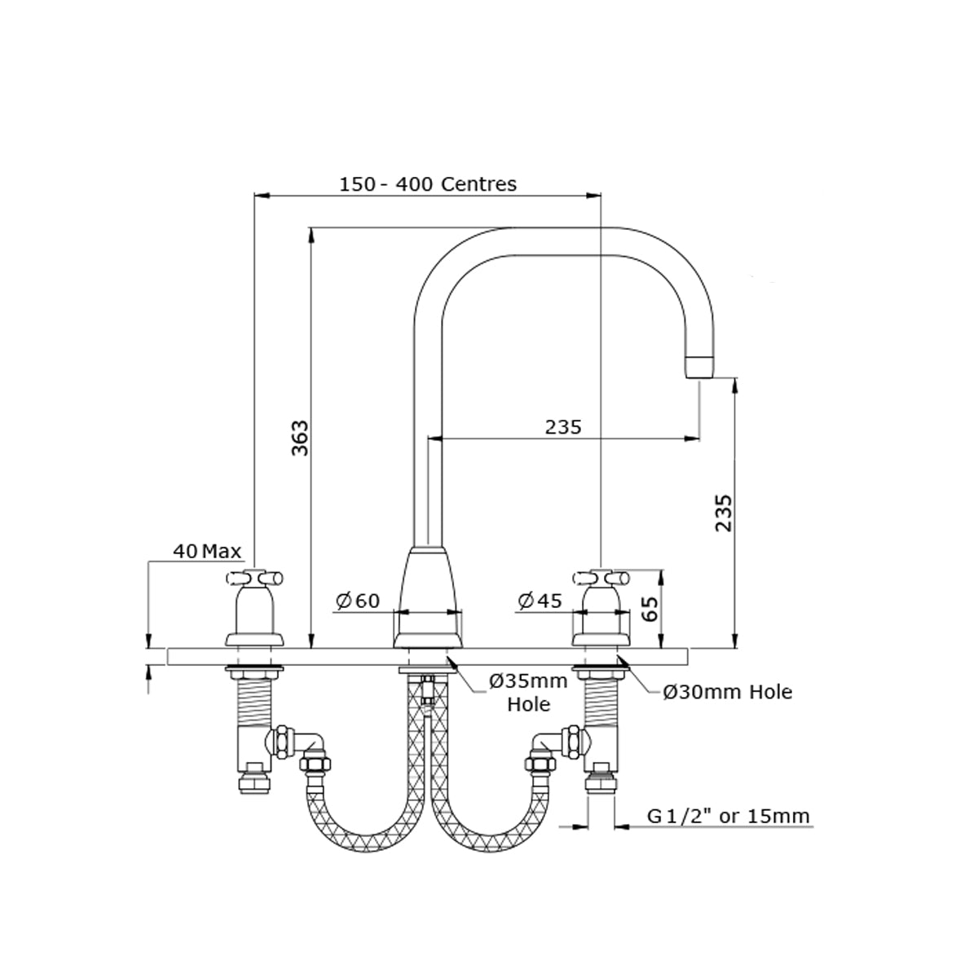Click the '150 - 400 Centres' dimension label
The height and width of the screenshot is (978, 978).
click(427, 183)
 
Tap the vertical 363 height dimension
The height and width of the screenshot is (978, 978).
click(300, 438)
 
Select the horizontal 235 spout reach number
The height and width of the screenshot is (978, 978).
click(563, 427)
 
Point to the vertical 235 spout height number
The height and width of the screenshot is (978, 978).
click(723, 513)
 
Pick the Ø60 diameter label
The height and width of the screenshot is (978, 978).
click(357, 601)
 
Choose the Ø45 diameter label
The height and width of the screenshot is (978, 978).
click(540, 601)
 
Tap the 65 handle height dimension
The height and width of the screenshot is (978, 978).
click(650, 609)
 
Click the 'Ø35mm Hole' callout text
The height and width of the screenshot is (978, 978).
click(528, 692)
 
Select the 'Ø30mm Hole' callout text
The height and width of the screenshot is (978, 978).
click(727, 692)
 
